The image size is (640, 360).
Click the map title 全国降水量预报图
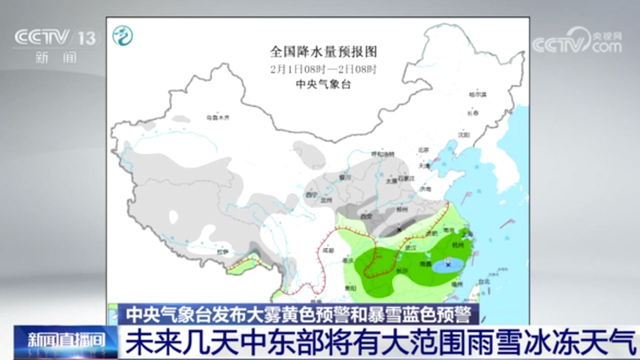323,51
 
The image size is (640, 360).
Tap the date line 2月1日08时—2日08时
323,69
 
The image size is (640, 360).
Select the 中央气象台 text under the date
323,84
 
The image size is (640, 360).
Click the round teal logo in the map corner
122,35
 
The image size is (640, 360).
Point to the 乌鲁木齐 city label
218,118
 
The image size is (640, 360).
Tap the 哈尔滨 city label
477,94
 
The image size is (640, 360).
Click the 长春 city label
473,113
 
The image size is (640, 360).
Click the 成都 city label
328,249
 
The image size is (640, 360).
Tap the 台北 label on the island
484,281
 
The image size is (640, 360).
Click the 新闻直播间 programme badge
65,341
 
